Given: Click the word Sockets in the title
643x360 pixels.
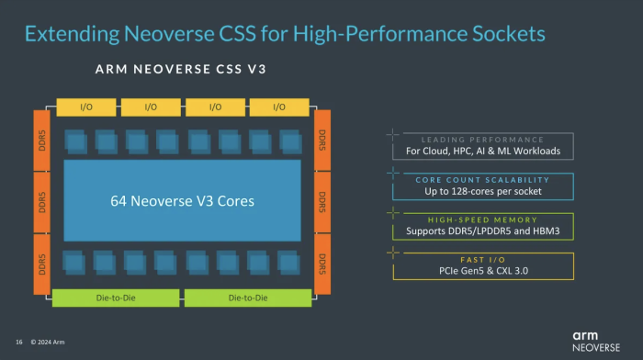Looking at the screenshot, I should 503,34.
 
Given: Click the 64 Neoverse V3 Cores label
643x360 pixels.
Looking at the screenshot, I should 182,200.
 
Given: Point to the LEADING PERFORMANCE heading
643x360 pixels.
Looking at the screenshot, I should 482,139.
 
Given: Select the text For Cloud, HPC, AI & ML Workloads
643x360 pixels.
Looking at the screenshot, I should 482,152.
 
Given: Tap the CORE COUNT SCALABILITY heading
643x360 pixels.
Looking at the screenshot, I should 482,179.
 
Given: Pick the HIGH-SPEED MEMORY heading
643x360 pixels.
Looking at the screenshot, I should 482,219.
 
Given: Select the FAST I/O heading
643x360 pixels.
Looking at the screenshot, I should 482,260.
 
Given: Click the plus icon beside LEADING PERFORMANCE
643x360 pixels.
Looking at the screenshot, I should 392,134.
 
